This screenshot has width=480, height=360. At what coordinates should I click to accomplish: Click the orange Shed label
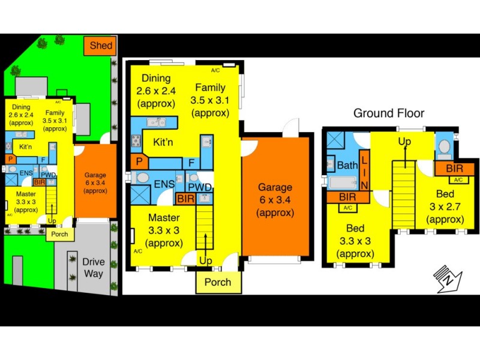(x=101, y=46)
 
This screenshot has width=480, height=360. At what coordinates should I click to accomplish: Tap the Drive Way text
(x=94, y=268)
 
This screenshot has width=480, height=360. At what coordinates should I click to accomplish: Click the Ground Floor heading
(x=388, y=113)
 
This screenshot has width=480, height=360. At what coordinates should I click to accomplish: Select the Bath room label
(x=347, y=165)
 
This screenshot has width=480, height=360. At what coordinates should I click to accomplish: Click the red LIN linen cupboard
(x=364, y=169)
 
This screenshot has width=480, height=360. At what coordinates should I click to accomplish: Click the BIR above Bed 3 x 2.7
(x=452, y=168)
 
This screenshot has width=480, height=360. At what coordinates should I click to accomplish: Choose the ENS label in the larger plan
(x=164, y=185)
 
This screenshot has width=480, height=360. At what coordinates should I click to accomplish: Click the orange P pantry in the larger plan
(x=139, y=162)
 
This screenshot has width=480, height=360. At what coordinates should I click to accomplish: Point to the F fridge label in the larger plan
(x=191, y=162)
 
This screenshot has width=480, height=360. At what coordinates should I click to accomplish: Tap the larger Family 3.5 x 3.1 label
(x=210, y=100)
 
